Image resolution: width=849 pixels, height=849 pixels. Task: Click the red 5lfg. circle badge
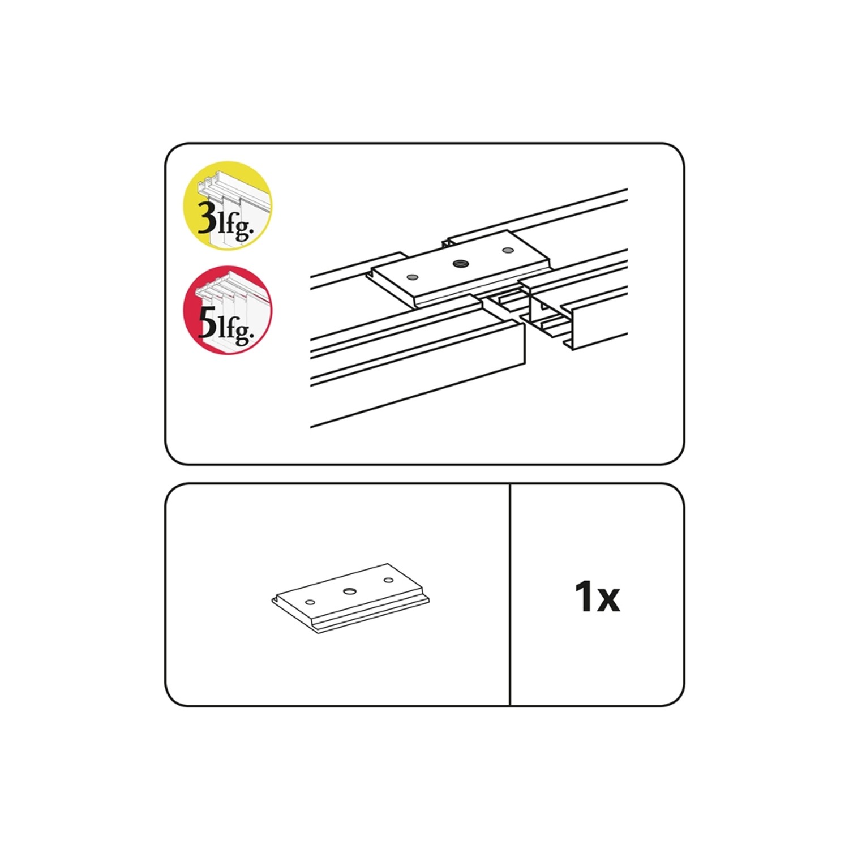point(228,310)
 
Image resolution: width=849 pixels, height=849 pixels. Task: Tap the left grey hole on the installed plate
point(412,277)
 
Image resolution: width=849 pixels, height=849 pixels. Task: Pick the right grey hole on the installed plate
point(508,250)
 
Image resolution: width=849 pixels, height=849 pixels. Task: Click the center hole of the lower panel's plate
point(349,591)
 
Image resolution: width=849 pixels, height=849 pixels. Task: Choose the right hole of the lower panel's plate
point(388,580)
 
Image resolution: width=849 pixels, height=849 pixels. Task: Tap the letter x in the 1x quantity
point(608,600)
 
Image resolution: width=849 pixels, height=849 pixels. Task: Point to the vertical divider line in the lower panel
point(510,594)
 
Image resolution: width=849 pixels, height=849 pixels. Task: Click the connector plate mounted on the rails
point(460,268)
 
